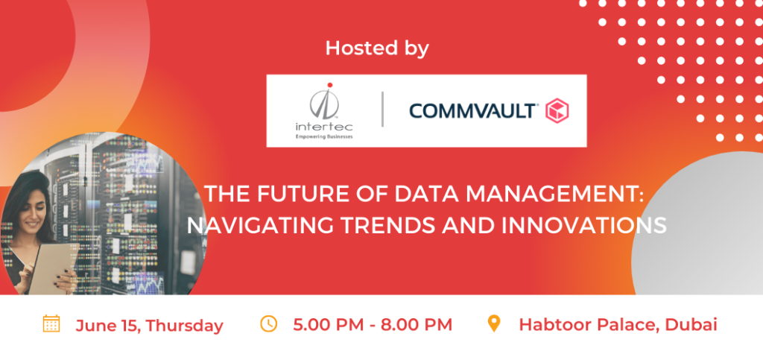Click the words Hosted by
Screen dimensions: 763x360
click(377, 48)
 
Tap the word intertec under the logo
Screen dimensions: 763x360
click(324, 127)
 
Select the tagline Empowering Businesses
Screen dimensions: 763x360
click(324, 137)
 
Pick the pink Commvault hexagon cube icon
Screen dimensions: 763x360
click(557, 110)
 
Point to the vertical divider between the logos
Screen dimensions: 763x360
click(382, 109)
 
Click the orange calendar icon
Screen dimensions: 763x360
click(51, 323)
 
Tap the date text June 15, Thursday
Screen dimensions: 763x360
click(149, 326)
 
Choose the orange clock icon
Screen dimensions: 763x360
click(268, 323)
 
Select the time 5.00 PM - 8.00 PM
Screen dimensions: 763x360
click(373, 324)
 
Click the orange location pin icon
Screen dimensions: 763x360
click(494, 323)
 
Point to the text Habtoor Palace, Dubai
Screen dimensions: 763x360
click(618, 324)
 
